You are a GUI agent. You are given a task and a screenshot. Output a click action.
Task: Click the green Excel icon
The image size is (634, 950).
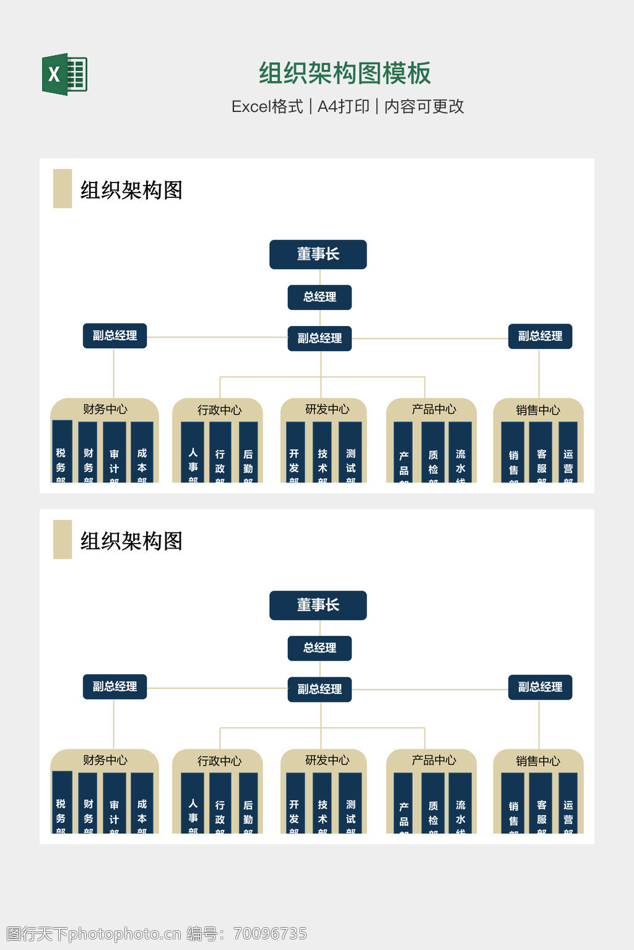[64, 74]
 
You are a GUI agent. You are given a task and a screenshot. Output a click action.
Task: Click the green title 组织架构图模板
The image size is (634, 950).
[344, 74]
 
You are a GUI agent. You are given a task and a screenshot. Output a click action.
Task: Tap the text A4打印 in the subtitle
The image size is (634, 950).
[344, 106]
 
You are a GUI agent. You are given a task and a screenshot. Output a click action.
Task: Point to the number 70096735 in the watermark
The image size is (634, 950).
[270, 933]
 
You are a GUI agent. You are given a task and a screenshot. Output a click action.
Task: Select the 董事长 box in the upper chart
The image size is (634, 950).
[318, 254]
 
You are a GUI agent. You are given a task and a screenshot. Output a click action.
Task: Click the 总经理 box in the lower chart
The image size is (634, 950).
[319, 648]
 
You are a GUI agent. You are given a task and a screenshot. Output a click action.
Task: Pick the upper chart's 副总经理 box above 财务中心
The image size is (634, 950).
[115, 336]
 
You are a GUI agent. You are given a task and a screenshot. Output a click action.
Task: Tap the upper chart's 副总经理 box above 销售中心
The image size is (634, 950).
[540, 336]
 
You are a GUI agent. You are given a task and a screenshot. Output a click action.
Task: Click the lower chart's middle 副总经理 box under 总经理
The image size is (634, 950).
[319, 689]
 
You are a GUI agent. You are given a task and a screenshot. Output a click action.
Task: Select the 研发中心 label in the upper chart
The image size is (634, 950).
[327, 409]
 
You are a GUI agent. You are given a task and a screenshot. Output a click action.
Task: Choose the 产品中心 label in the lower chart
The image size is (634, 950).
[433, 760]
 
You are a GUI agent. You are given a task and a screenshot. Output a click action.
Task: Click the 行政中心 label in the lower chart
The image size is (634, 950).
[219, 761]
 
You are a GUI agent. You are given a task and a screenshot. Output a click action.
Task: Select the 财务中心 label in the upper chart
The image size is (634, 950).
[105, 409]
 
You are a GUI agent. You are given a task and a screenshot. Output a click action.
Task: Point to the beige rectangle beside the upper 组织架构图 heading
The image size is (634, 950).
[63, 189]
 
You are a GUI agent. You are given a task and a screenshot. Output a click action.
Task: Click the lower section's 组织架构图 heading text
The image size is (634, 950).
[131, 541]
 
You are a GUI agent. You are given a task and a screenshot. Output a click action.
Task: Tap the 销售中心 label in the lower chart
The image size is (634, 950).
[537, 761]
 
